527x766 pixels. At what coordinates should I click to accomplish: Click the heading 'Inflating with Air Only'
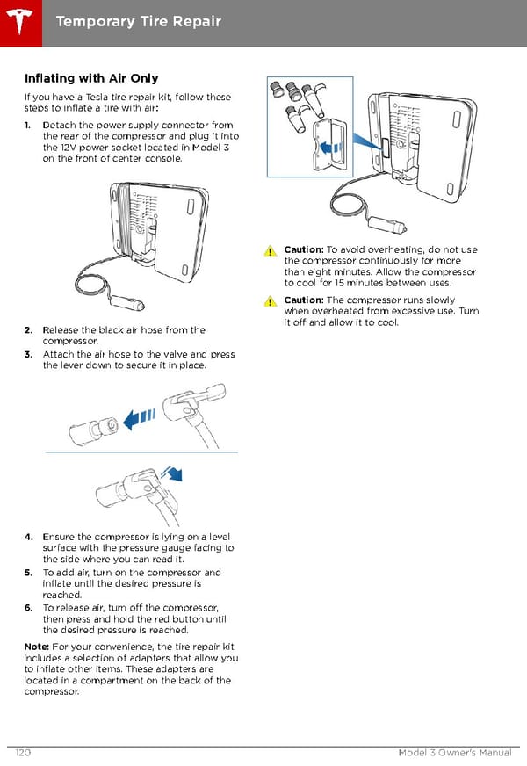pos(91,79)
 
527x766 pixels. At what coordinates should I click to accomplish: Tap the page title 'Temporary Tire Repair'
pos(138,20)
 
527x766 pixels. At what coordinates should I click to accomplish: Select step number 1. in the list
pos(30,126)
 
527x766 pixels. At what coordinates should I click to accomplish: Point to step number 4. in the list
pos(30,537)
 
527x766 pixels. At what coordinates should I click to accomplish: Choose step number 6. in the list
pos(30,608)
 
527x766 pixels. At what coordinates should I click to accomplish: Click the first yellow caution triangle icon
pos(272,251)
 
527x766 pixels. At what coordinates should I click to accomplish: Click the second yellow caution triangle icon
pos(272,301)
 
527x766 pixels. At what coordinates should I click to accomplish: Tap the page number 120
pos(24,754)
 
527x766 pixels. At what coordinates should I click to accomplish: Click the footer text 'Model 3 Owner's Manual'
pos(455,754)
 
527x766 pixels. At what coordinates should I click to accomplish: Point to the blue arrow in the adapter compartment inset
pos(329,147)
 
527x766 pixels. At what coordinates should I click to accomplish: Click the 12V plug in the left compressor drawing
pos(121,300)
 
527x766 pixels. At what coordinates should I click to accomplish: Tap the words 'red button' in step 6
pos(162,619)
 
